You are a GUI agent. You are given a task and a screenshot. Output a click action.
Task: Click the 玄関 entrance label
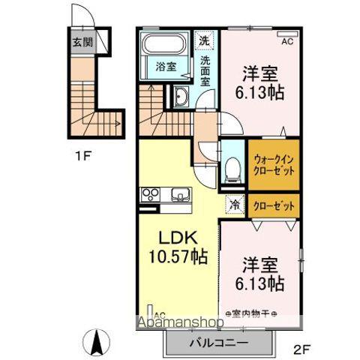(x=84, y=42)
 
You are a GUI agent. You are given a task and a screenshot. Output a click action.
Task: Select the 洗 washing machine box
(x=205, y=40)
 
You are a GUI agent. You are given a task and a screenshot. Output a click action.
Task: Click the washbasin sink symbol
(x=181, y=97)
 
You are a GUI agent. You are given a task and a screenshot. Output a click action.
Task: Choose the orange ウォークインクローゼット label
(x=274, y=164)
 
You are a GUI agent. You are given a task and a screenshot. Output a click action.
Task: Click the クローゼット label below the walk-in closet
(x=274, y=202)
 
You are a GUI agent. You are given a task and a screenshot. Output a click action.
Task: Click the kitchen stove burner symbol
(x=148, y=196)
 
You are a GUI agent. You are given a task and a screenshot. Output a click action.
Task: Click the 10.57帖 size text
(x=177, y=257)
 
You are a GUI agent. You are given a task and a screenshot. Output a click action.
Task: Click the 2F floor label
(x=301, y=349)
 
